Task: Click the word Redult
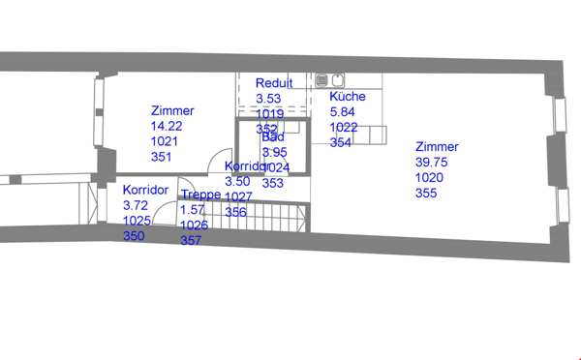[274, 83]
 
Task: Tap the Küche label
[348, 97]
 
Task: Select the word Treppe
[200, 195]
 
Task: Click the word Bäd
[274, 137]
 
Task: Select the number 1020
[429, 178]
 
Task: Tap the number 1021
[165, 141]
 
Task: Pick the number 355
[426, 194]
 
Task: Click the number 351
[162, 157]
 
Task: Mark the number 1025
[137, 221]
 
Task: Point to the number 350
[134, 236]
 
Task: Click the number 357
[191, 241]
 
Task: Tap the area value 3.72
[135, 205]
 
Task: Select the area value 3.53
[268, 99]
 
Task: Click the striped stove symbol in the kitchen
[322, 80]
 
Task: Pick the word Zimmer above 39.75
[437, 147]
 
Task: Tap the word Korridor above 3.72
[146, 190]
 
